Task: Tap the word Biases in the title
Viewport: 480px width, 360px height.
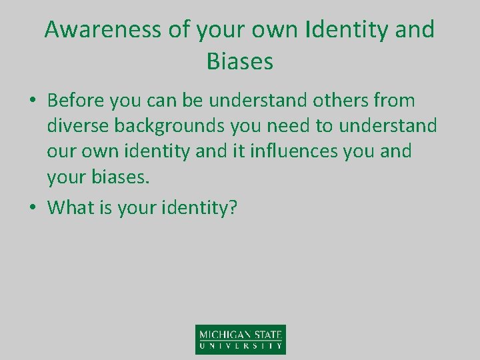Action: click(x=240, y=61)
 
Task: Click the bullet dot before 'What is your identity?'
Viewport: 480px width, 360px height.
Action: click(x=32, y=208)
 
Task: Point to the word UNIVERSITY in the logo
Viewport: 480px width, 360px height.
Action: click(x=241, y=347)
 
